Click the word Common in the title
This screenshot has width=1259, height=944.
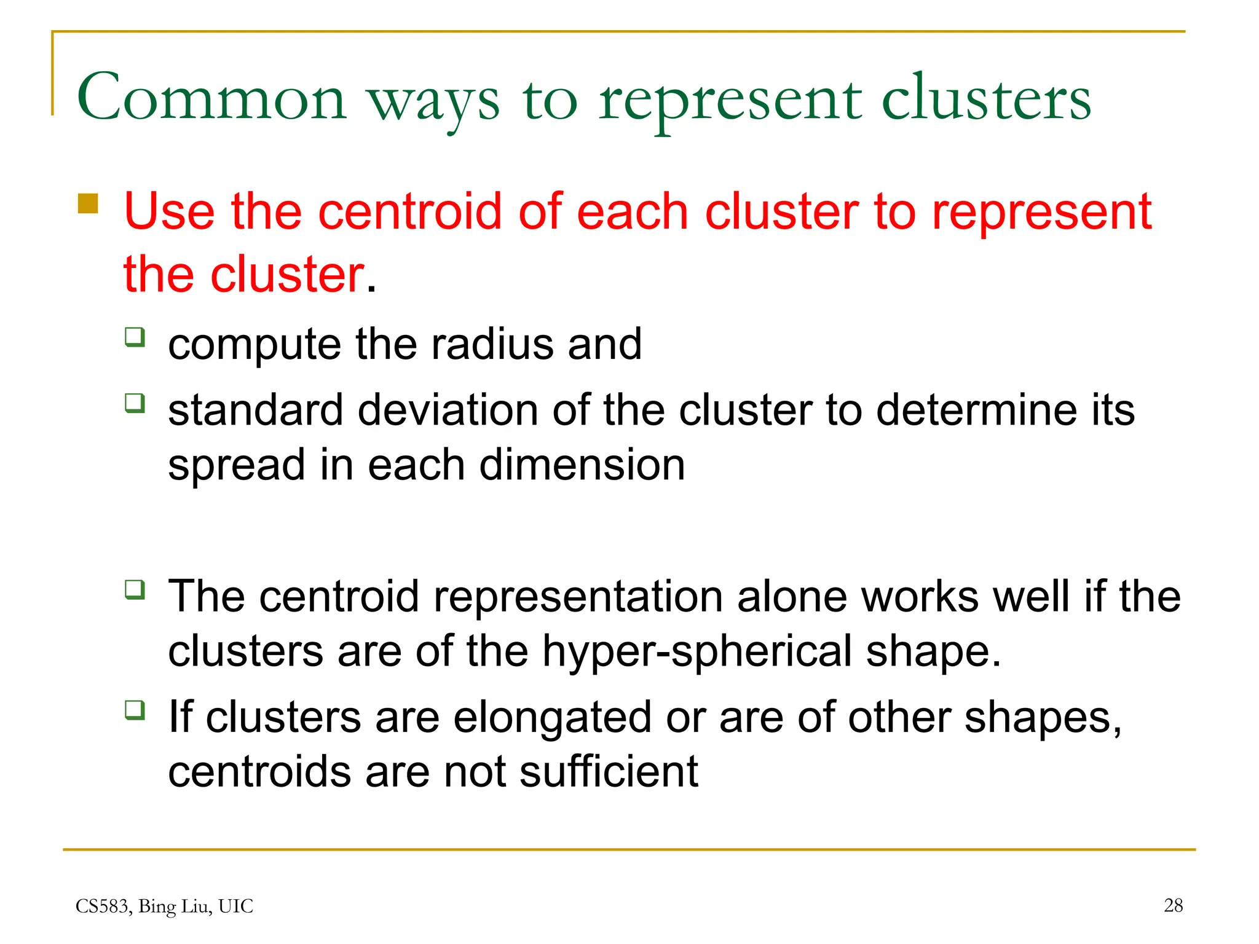211,98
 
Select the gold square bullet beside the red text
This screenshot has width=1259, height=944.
88,203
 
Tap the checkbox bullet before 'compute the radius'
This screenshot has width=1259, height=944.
135,337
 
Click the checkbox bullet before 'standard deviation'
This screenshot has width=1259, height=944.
135,404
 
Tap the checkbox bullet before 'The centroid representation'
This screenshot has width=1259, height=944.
135,590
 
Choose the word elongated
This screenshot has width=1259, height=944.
552,717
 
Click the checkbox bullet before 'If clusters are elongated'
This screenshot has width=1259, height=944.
135,710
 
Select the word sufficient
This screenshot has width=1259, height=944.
608,772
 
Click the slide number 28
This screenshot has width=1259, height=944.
1173,905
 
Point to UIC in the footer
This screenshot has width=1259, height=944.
235,907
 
